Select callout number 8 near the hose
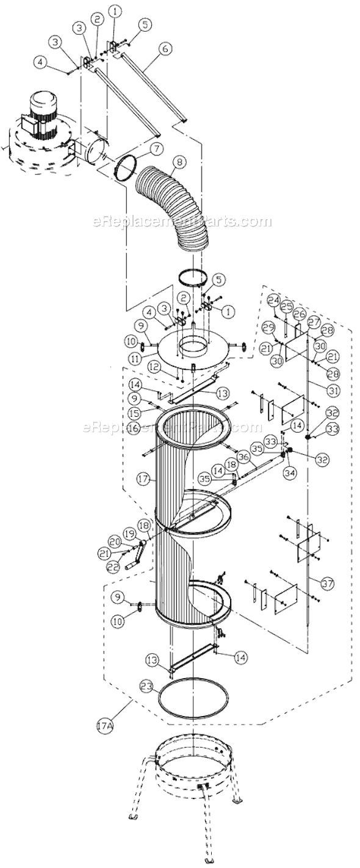tap(179, 162)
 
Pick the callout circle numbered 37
tap(328, 584)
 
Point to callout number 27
tap(314, 321)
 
